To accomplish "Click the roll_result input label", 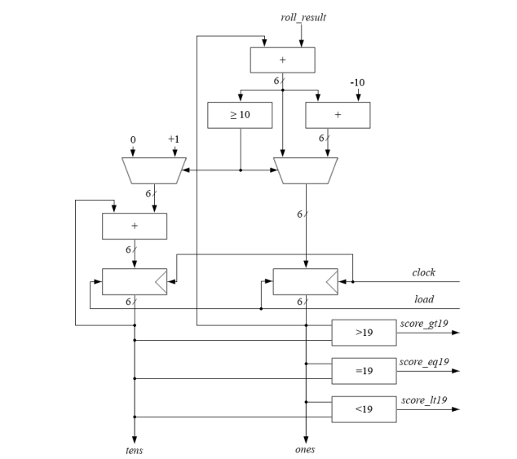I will [x=303, y=17].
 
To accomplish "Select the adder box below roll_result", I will [x=281, y=60].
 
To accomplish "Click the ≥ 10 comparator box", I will [x=240, y=115].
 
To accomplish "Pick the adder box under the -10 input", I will [x=338, y=115].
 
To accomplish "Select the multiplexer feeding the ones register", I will [x=305, y=170].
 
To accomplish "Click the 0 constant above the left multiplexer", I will [x=133, y=140].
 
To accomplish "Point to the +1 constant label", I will [x=173, y=140].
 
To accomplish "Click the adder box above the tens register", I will [x=135, y=226].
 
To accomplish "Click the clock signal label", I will [x=423, y=272].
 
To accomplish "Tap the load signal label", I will [x=424, y=299].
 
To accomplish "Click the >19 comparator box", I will [x=364, y=333].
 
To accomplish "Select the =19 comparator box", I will [x=364, y=370].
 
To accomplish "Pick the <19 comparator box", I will [x=364, y=408].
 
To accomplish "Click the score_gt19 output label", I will [x=423, y=324].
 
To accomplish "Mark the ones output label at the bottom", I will [x=304, y=449].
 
